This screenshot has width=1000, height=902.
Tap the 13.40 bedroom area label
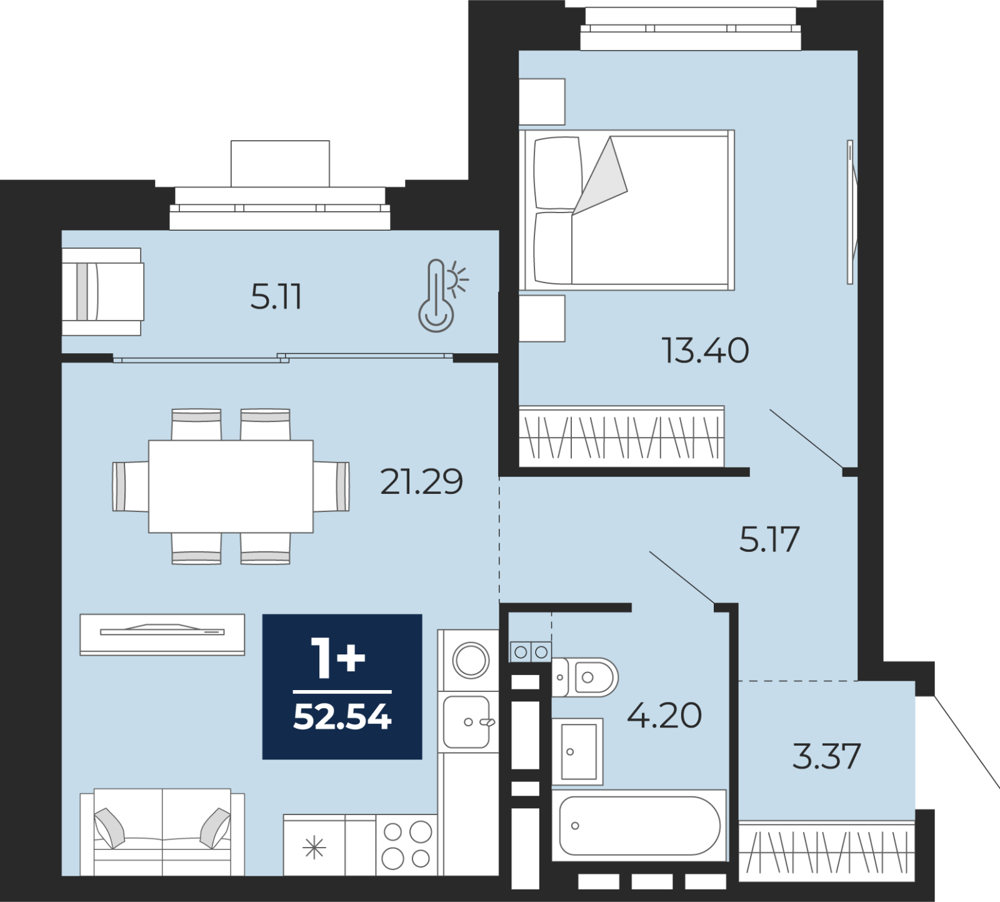tap(706, 350)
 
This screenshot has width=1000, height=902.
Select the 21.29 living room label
tap(422, 481)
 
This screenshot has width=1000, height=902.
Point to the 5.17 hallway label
tap(769, 539)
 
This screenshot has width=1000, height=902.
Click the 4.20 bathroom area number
tap(664, 715)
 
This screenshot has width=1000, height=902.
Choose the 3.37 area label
tap(827, 756)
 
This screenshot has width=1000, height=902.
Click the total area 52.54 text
tap(342, 717)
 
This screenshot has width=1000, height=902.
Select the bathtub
tap(639, 825)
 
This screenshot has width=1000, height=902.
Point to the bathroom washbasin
tap(578, 751)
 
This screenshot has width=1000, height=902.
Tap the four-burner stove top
tap(407, 844)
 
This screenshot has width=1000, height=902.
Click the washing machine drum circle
tap(471, 660)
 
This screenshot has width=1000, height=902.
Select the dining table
tap(231, 486)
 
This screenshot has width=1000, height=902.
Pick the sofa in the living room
tap(162, 832)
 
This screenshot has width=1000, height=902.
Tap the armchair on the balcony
tap(102, 291)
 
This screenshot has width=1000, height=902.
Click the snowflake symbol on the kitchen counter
tap(314, 848)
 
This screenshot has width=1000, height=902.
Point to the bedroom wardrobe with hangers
tap(622, 436)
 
